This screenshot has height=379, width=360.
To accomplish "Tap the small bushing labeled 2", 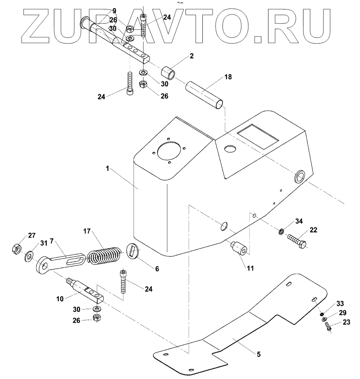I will (169, 73).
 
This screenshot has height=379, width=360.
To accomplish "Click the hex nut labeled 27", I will (17, 248).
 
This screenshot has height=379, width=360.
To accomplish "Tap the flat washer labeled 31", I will (29, 258).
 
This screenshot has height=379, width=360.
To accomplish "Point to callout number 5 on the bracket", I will (258, 354).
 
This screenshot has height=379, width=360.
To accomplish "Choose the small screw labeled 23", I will (328, 326).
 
